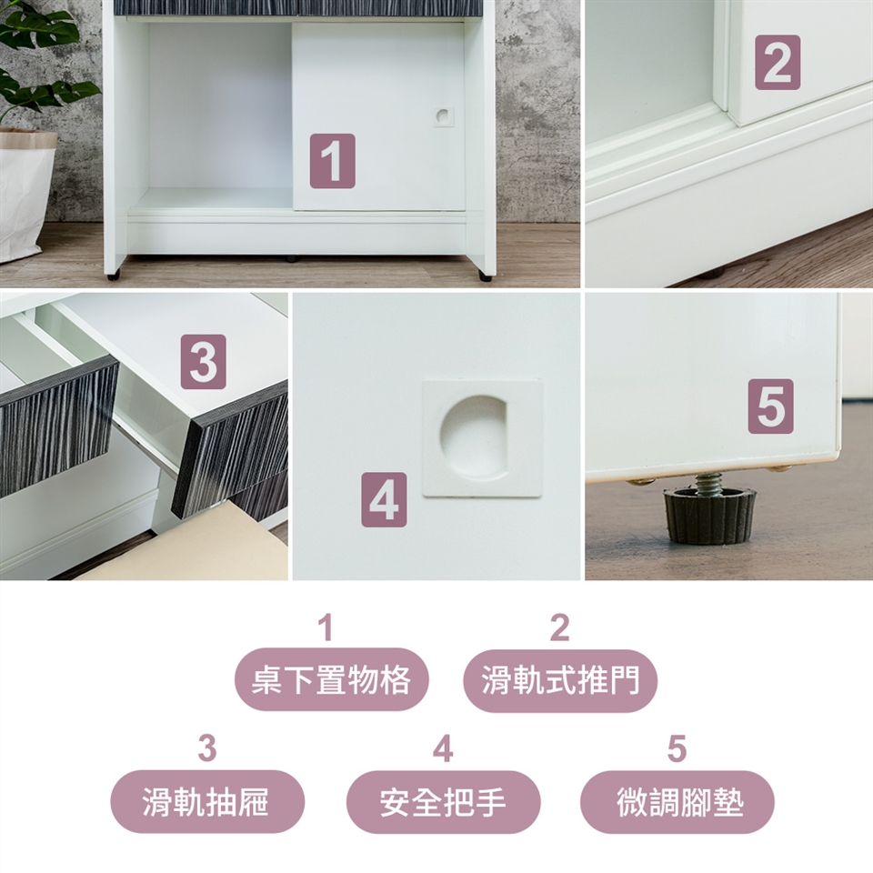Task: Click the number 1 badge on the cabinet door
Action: [x=333, y=161]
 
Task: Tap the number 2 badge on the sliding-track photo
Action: [x=778, y=63]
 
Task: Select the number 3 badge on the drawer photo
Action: [x=203, y=362]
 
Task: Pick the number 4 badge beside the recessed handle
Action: [x=384, y=499]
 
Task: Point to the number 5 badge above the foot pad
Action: [x=770, y=406]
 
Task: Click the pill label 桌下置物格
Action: [x=331, y=680]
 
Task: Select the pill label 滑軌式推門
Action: [x=560, y=680]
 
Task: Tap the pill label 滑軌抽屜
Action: [x=207, y=802]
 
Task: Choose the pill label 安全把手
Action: [x=443, y=802]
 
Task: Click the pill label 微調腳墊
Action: [x=677, y=802]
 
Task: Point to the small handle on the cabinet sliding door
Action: [x=444, y=116]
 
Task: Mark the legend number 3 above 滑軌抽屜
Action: [x=207, y=748]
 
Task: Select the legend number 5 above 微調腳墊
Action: [x=677, y=748]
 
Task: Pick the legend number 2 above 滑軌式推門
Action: [x=560, y=627]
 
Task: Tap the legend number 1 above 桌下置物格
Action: [x=326, y=627]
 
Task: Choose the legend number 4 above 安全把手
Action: [x=443, y=748]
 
